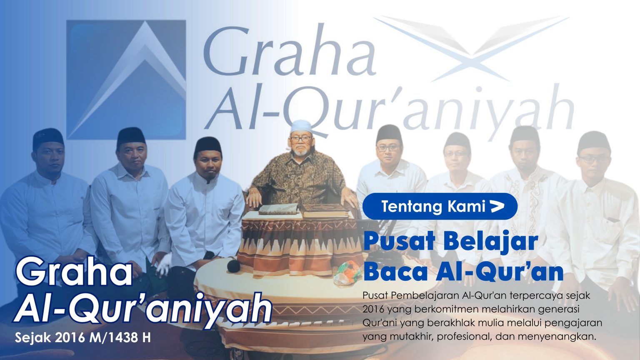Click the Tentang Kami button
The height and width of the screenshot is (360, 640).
tap(440, 206)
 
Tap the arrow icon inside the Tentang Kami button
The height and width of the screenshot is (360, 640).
tap(497, 206)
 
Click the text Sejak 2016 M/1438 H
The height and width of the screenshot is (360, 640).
tap(83, 337)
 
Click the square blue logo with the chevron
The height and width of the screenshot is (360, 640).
tap(126, 80)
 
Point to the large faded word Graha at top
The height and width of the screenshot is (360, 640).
tap(289, 51)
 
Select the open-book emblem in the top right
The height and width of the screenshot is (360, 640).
tap(471, 49)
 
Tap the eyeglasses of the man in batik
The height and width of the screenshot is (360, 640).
tap(300, 139)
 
